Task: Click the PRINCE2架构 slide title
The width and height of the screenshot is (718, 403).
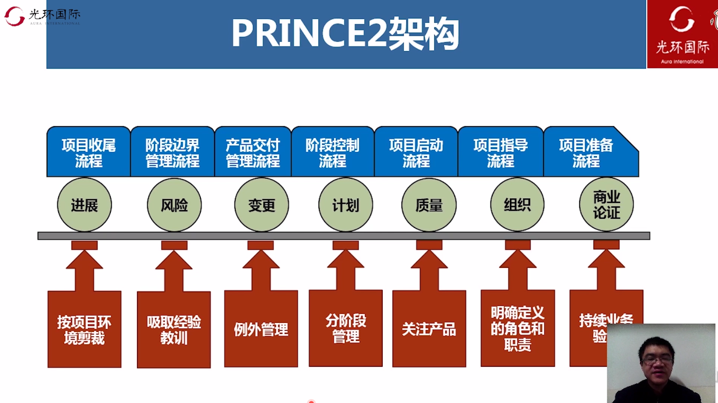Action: [345, 34]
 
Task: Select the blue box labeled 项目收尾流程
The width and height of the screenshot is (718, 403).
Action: [88, 152]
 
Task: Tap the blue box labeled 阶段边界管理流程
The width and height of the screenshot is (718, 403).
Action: [172, 152]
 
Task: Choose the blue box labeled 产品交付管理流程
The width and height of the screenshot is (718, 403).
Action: [253, 152]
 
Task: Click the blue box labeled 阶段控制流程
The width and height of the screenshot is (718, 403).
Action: [332, 152]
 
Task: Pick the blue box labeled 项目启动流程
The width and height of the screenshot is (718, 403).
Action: [416, 152]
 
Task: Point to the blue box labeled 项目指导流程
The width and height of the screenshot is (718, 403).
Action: [500, 152]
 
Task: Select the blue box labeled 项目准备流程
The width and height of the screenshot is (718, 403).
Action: [586, 152]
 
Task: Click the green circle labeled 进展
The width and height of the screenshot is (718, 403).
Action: [84, 205]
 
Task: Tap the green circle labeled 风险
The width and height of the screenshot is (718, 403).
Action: [174, 205]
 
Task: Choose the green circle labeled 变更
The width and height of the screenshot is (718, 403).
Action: [262, 205]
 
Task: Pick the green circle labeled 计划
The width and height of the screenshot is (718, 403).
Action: [346, 205]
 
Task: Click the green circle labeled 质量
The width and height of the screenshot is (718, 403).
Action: [429, 205]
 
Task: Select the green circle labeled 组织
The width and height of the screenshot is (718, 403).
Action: [517, 205]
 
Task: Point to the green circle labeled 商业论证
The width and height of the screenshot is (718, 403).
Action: [606, 205]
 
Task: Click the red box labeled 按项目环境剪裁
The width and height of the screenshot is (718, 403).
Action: [84, 329]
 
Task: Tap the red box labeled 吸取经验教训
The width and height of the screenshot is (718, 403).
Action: [174, 329]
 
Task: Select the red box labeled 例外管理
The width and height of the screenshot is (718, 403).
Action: [261, 329]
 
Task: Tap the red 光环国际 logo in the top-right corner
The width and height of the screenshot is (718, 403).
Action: [682, 34]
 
